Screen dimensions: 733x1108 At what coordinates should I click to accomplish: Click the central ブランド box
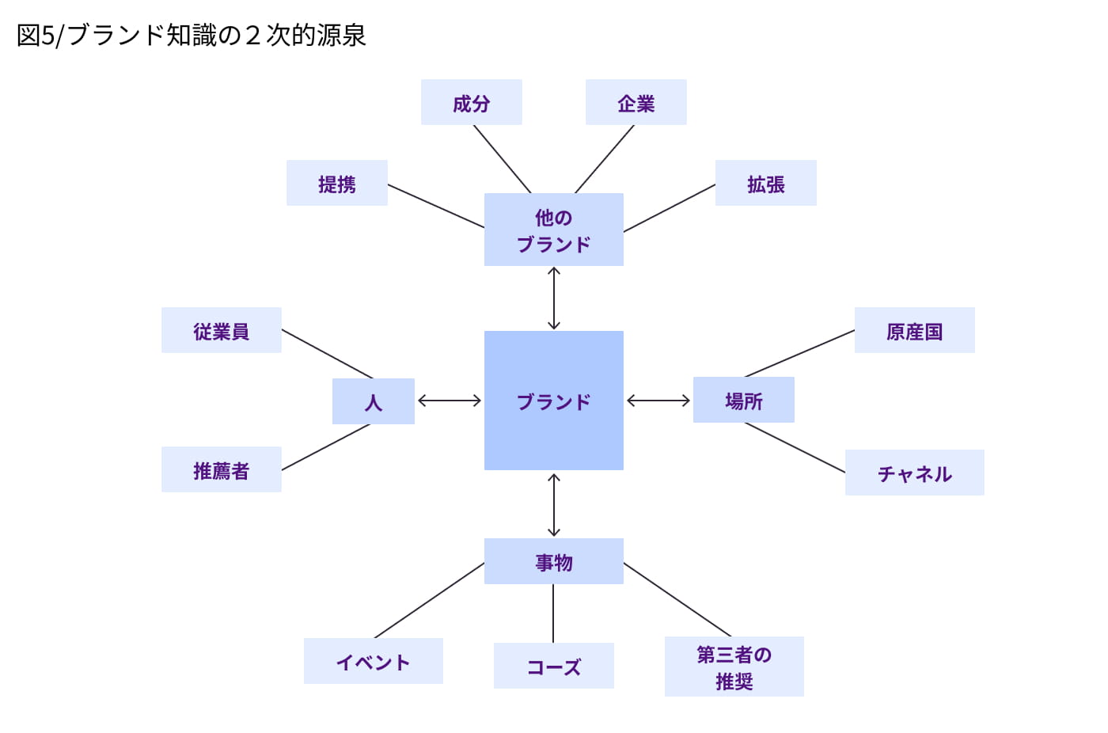tap(553, 401)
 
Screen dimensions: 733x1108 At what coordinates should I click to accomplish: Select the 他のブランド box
tap(553, 230)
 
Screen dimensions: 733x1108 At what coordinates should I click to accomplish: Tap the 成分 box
tap(471, 102)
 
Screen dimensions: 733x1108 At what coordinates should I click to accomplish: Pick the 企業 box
tap(636, 102)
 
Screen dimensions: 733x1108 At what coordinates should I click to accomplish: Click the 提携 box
tap(336, 183)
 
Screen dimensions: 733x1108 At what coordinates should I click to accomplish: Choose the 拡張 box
tap(765, 183)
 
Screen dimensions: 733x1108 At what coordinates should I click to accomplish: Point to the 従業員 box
tap(221, 330)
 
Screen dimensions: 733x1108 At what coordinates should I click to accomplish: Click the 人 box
tap(373, 401)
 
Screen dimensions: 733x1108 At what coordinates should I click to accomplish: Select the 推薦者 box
tap(221, 469)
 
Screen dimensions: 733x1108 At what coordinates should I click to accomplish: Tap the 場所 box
tap(743, 400)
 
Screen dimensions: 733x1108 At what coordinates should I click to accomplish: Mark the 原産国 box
tap(914, 330)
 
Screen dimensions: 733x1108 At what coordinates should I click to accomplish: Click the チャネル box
tap(914, 473)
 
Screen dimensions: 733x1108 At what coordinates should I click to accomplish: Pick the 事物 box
tap(553, 561)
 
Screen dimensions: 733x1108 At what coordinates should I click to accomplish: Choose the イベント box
tap(373, 661)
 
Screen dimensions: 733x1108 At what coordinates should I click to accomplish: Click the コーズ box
tap(553, 666)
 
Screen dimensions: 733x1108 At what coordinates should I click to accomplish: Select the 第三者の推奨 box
tap(734, 667)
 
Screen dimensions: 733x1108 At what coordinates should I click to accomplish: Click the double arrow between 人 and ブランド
tap(449, 401)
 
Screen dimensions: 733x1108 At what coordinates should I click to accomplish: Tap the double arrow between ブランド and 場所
tap(658, 401)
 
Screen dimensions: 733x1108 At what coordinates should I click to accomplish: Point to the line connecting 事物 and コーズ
tap(553, 613)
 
